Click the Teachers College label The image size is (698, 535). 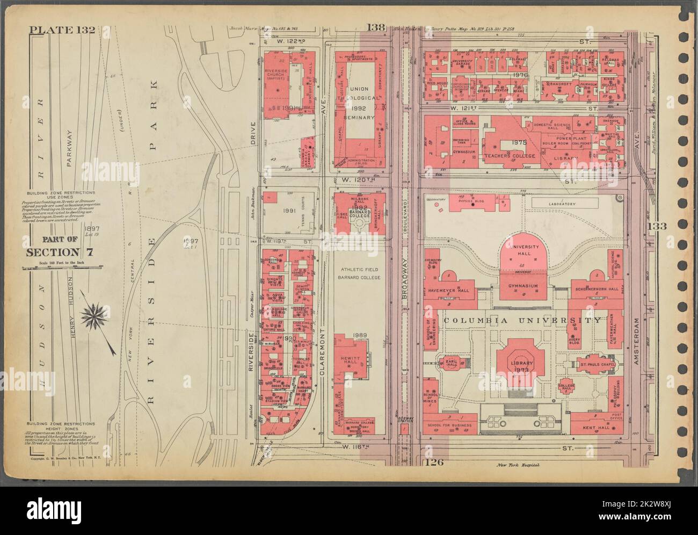pos(514,156)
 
